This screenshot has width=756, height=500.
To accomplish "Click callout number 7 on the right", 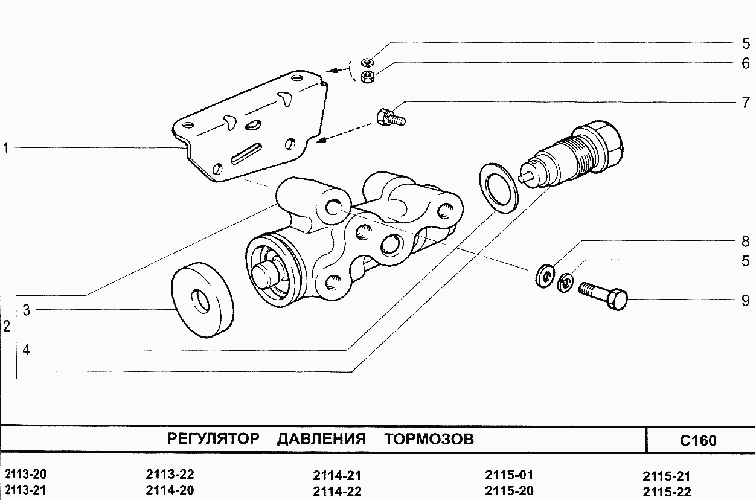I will click(x=746, y=102).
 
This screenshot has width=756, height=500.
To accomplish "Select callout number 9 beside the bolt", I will click(x=746, y=300).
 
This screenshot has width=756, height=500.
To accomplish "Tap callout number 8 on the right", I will click(x=746, y=242).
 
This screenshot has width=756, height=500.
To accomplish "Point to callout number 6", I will click(x=746, y=63).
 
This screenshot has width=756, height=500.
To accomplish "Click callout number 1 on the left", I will click(x=5, y=147).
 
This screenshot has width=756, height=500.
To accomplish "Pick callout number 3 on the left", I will click(x=26, y=310).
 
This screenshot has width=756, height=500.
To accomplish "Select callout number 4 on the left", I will click(x=26, y=350).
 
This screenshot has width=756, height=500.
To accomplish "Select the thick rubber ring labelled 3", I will click(x=203, y=300).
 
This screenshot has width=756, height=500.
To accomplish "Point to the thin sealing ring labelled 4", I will click(x=499, y=187).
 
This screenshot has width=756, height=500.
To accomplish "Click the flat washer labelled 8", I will click(x=545, y=276).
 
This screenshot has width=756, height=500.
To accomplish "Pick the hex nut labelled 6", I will click(x=365, y=77).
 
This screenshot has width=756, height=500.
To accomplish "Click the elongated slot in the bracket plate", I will click(x=245, y=152).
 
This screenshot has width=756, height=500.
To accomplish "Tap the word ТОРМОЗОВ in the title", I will click(x=429, y=439).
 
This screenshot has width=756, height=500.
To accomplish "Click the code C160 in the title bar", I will click(x=698, y=440).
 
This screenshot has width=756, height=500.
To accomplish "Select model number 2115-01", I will click(x=509, y=475).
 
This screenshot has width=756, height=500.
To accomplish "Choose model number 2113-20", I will click(x=25, y=475).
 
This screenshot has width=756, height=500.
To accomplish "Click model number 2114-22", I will click(x=337, y=491).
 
